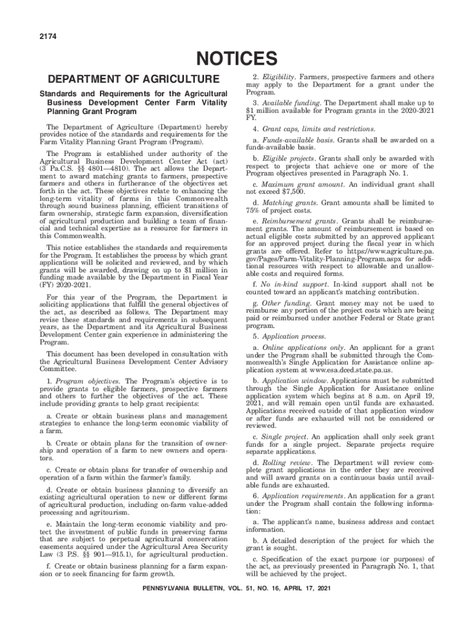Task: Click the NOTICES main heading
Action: [x=234, y=59]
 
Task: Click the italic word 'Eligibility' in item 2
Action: [x=279, y=77]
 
